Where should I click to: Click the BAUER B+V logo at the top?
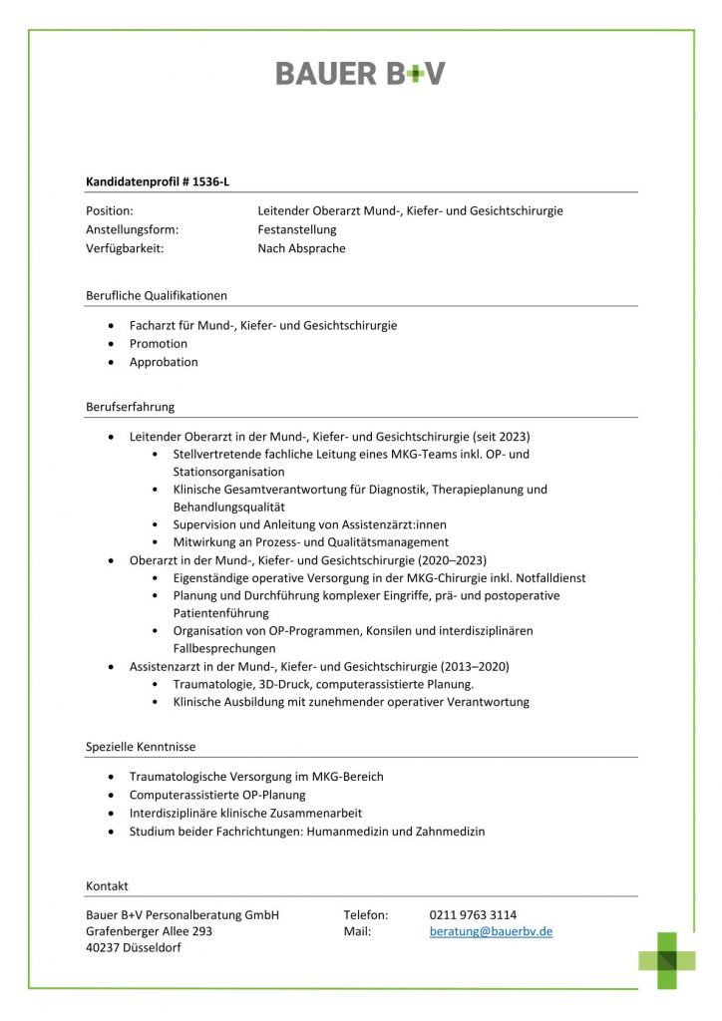(x=360, y=73)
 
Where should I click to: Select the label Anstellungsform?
(x=133, y=229)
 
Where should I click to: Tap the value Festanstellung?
(x=297, y=229)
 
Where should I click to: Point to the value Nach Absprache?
(x=301, y=248)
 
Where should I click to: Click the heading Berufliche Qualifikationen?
(x=157, y=295)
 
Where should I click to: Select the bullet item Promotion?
(x=159, y=343)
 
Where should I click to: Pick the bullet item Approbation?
(x=164, y=362)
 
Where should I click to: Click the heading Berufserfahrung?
(x=131, y=407)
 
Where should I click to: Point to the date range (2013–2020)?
(x=474, y=666)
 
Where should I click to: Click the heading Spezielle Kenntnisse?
(x=141, y=746)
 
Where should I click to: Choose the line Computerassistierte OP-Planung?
(x=217, y=795)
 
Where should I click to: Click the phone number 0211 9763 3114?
(x=473, y=914)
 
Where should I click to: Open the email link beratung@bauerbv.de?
(x=491, y=931)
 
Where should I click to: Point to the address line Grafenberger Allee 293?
(x=150, y=931)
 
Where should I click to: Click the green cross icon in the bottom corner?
(x=667, y=959)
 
